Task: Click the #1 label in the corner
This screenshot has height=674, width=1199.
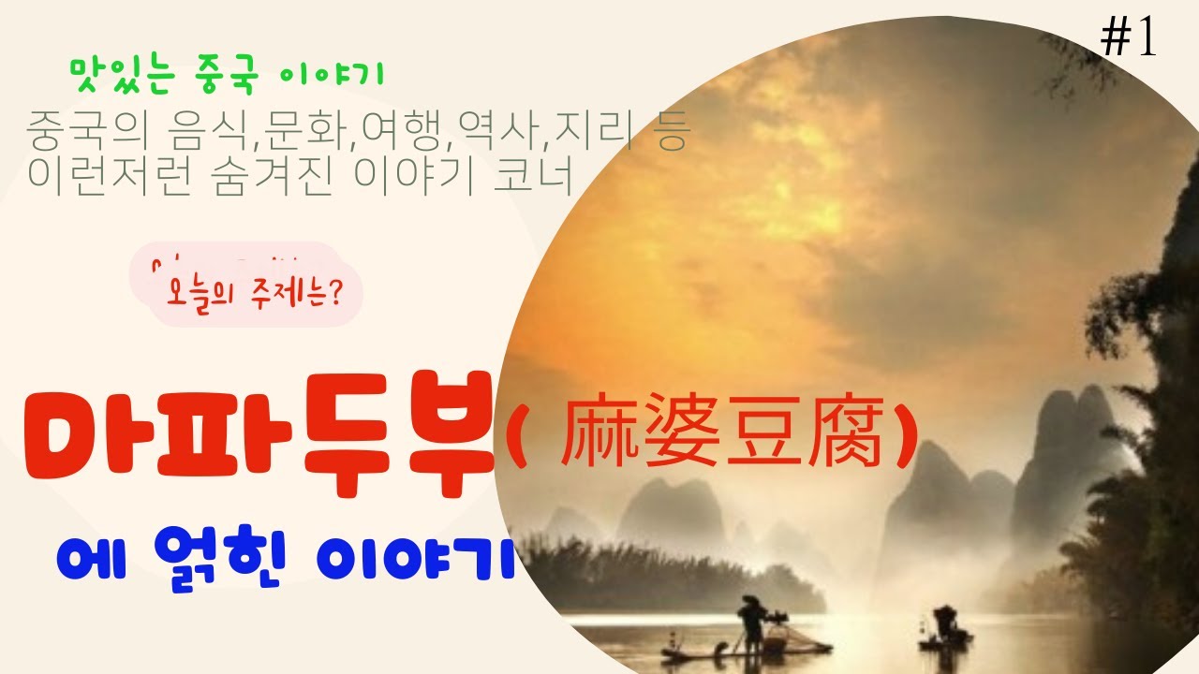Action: pyautogui.click(x=1129, y=38)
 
